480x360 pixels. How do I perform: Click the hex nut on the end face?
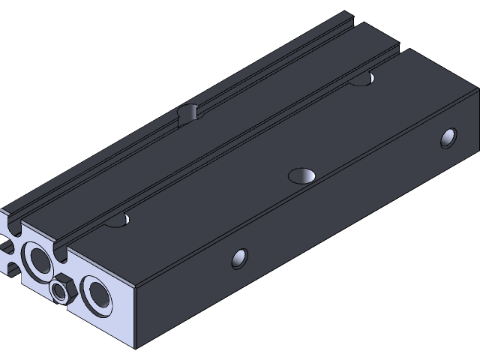[60, 290]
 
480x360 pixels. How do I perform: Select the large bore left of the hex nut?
[37, 259]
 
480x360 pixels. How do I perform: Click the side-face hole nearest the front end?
[239, 258]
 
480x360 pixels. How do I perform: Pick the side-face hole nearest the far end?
[448, 138]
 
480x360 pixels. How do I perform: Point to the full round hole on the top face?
[302, 175]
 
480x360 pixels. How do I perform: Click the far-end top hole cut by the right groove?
[363, 79]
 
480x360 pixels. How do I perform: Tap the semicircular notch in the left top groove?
[188, 113]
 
